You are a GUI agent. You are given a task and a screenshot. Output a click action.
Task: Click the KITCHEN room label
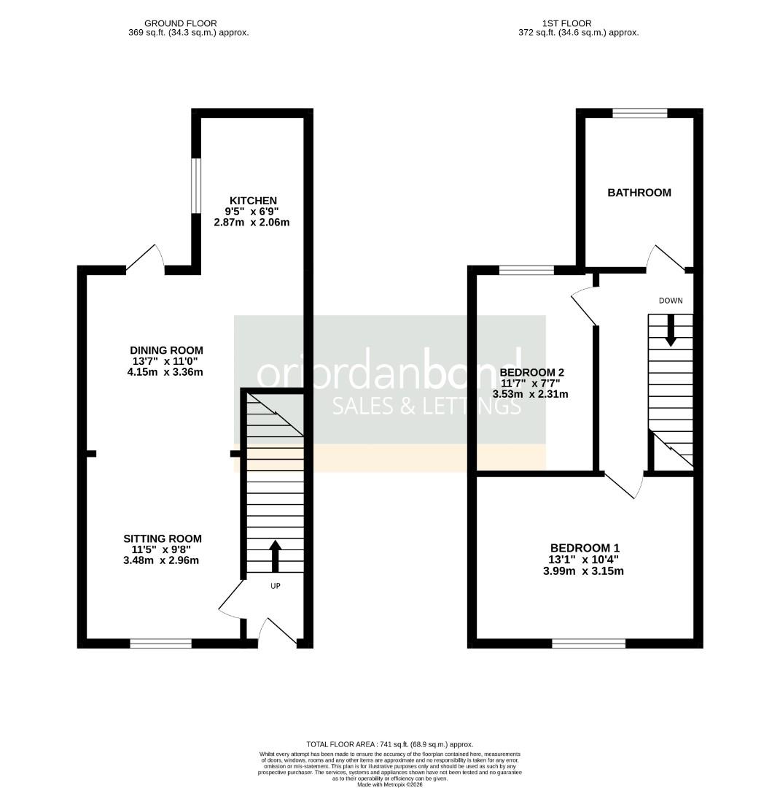pyautogui.click(x=253, y=201)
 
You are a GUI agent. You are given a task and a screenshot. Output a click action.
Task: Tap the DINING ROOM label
pyautogui.click(x=166, y=350)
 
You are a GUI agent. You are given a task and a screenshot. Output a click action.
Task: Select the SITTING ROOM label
pyautogui.click(x=162, y=538)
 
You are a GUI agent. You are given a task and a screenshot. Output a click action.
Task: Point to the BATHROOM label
pyautogui.click(x=639, y=193)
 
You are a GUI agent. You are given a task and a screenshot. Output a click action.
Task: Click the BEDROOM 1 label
pyautogui.click(x=585, y=548)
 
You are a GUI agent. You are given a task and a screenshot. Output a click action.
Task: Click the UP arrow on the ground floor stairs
pyautogui.click(x=275, y=556)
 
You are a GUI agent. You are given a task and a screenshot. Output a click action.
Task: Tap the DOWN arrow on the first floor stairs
pyautogui.click(x=671, y=330)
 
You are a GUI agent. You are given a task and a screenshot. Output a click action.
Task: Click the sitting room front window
pyautogui.click(x=160, y=643)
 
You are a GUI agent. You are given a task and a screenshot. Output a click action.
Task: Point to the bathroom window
pyautogui.click(x=639, y=112)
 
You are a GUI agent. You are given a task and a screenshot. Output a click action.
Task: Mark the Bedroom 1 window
pyautogui.click(x=588, y=643)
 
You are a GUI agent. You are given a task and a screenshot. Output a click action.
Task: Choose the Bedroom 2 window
pyautogui.click(x=526, y=271)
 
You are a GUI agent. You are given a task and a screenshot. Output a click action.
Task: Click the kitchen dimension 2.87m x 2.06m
pyautogui.click(x=251, y=222)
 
